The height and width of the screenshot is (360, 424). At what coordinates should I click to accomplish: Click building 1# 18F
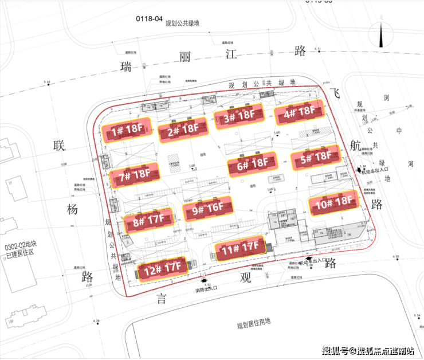point(127,131)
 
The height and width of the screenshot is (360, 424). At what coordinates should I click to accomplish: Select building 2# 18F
point(183,132)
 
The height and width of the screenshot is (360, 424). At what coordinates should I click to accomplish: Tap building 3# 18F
point(239,116)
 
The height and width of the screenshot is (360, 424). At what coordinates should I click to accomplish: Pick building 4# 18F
point(299,112)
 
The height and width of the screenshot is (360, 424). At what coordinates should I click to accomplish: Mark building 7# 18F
point(134,175)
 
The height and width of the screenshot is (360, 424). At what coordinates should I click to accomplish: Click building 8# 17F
point(148,221)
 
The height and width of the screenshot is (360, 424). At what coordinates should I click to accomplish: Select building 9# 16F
point(207,210)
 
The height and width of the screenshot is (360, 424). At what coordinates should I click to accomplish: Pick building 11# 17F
point(240,249)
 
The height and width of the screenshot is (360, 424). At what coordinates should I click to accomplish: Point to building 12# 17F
point(162,267)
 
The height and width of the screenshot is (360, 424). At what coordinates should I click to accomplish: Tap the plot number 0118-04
point(148,18)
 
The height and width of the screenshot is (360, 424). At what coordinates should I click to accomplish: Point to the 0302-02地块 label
point(20,246)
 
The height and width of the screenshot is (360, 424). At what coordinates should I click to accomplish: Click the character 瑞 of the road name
point(125,67)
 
